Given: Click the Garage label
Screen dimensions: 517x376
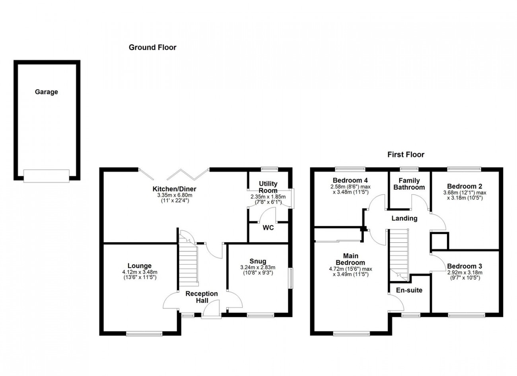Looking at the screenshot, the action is (x=47, y=92).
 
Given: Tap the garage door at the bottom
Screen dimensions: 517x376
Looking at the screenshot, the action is (x=46, y=176).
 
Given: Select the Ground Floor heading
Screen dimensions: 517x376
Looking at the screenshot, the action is (x=153, y=47).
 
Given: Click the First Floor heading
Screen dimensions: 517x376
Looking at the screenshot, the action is (x=406, y=154).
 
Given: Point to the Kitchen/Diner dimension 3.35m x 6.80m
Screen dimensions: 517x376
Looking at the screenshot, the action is (x=175, y=195).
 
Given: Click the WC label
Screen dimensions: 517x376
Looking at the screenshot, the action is (x=268, y=228).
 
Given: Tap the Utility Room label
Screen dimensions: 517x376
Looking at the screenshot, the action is (x=268, y=187).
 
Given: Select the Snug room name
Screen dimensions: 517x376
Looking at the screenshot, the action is (x=258, y=261).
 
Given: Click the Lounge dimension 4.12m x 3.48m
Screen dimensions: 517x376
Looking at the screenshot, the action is (x=140, y=272).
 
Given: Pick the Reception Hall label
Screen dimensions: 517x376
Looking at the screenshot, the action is (x=202, y=297).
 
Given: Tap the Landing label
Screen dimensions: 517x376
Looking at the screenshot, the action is (x=404, y=218).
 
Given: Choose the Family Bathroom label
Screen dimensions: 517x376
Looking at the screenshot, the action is (x=409, y=184).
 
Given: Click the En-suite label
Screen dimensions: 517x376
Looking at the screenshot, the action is (x=409, y=290).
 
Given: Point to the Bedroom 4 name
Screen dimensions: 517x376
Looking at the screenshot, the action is (x=350, y=180).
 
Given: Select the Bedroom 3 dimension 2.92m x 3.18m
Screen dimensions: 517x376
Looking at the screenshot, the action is (x=465, y=273).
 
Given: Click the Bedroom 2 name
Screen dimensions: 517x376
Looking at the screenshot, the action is (x=465, y=186).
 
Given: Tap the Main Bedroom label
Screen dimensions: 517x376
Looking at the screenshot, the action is (x=350, y=259).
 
